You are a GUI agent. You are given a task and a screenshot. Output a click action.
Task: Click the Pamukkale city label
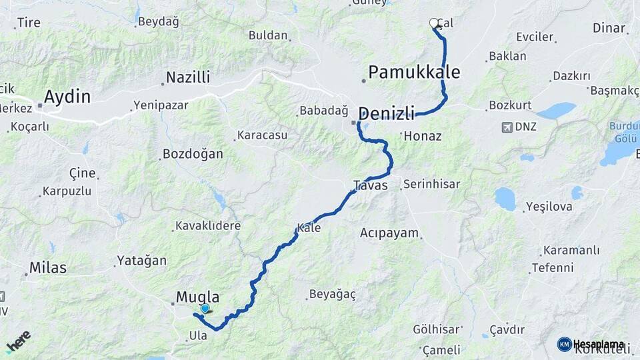[x=414, y=72]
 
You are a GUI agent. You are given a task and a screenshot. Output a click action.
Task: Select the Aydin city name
[x=67, y=97]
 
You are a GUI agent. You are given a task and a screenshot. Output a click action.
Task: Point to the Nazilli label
[x=188, y=77]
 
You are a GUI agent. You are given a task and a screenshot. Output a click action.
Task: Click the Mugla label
[x=197, y=297]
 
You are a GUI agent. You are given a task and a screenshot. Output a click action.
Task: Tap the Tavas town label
[x=371, y=185]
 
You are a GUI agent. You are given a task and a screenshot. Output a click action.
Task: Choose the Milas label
[x=47, y=268]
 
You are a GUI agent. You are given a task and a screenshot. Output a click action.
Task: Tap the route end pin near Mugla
[x=205, y=309]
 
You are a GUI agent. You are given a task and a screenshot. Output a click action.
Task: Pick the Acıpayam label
[x=389, y=233]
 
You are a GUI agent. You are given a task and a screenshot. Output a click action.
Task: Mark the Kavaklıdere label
[x=208, y=226]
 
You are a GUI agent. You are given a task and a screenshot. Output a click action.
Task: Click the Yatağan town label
[x=141, y=261]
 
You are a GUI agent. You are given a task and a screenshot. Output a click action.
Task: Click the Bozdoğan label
[x=183, y=154]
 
